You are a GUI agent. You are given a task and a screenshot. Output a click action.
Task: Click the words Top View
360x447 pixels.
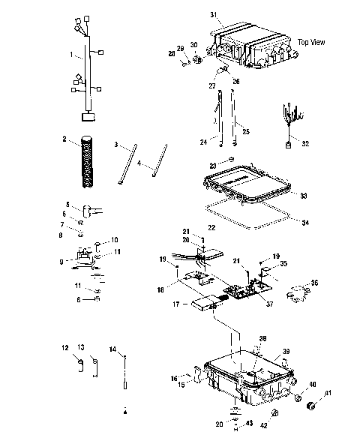[x=311, y=42]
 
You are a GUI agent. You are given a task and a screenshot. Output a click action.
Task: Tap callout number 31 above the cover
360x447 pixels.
[x=212, y=15]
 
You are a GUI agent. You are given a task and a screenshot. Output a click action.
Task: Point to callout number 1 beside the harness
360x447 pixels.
[x=70, y=55]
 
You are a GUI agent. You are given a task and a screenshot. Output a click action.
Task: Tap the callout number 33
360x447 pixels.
[x=303, y=196]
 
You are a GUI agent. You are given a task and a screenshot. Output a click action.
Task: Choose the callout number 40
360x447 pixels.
[x=313, y=385]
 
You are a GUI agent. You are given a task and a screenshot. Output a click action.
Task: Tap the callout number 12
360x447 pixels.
[x=65, y=347]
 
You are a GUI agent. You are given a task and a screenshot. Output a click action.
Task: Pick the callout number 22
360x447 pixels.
[x=212, y=227]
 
